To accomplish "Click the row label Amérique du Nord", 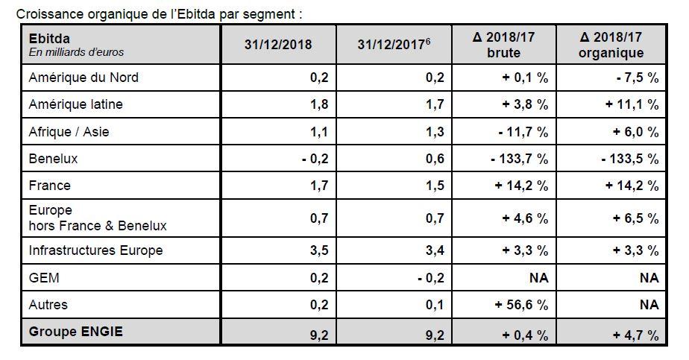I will click(x=83, y=78).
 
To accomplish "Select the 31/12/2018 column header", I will click(x=277, y=45).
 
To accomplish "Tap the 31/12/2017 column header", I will click(x=393, y=45).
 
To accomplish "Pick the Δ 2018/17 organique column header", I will click(x=611, y=45).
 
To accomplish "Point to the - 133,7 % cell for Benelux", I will click(x=519, y=159).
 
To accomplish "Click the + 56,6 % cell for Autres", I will click(x=523, y=304).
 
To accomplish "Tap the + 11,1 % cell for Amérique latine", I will click(x=632, y=104).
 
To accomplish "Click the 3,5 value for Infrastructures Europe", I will click(x=318, y=250).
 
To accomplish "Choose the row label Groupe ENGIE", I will click(x=75, y=332).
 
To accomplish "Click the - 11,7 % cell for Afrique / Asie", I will click(x=523, y=132).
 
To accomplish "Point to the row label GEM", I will click(x=43, y=277).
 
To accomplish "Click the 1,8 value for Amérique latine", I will click(x=318, y=104).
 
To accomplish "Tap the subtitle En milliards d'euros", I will click(x=76, y=52).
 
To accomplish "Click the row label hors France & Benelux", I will click(x=97, y=225).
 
